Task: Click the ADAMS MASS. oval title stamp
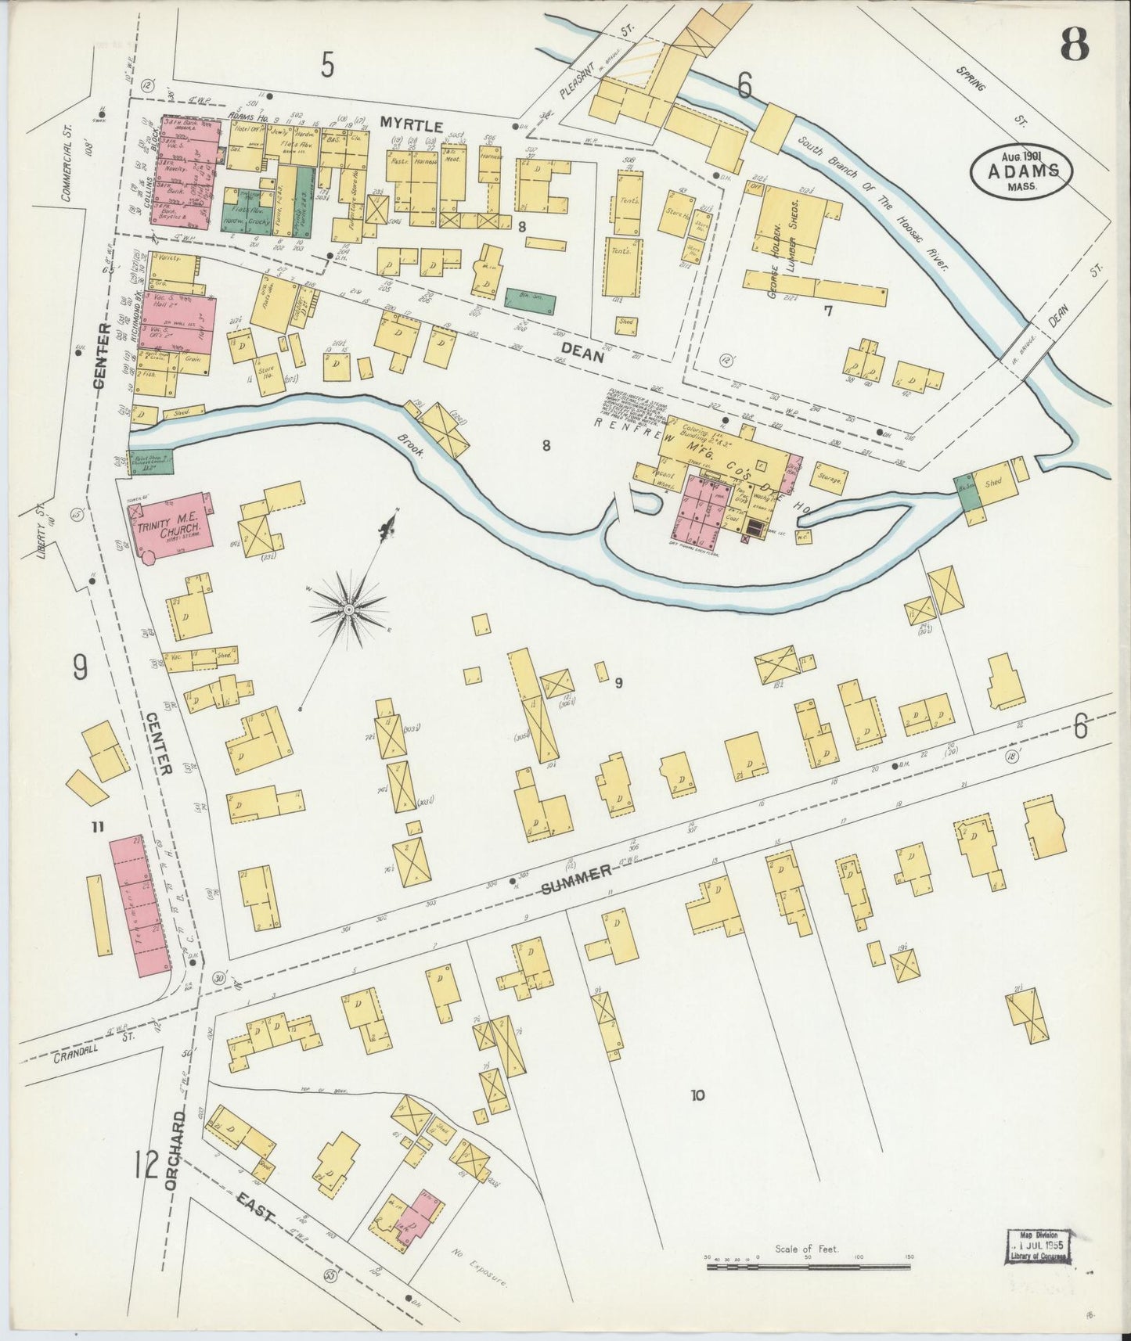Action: click(x=1021, y=172)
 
